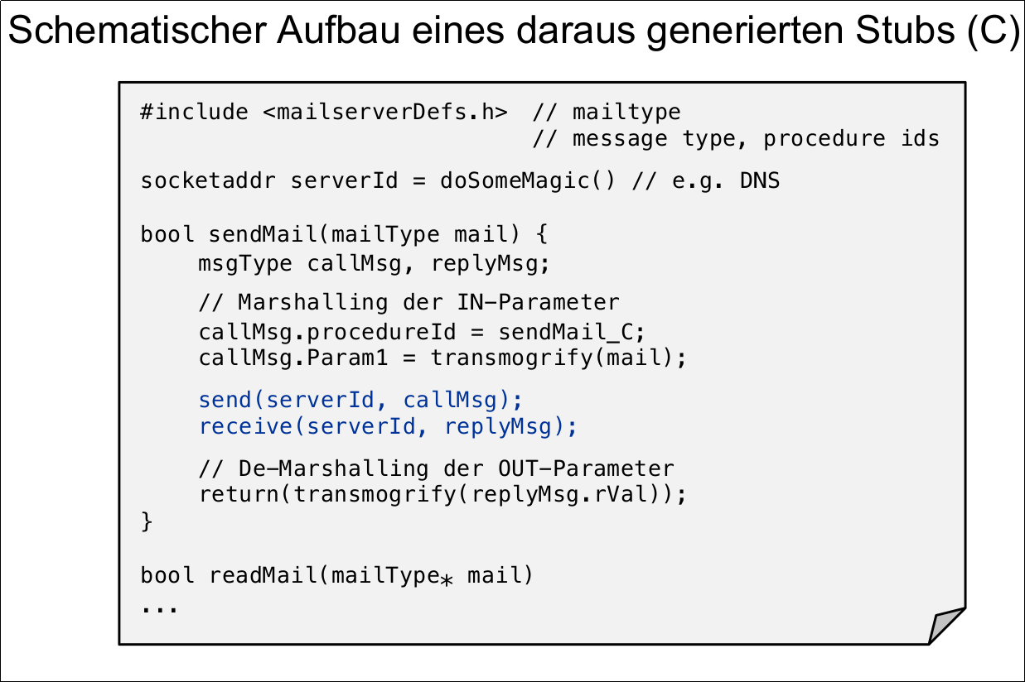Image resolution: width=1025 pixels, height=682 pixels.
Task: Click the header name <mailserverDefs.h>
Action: click(x=385, y=112)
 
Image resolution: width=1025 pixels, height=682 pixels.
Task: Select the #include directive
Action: click(x=194, y=112)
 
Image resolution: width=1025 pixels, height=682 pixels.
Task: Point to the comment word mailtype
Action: click(x=626, y=112)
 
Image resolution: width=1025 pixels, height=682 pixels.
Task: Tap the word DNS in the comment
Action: click(x=760, y=180)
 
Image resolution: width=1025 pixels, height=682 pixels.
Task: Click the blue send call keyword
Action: click(x=225, y=400)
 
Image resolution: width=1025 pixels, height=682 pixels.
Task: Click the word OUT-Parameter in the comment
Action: click(x=586, y=468)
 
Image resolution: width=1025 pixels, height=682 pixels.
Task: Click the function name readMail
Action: click(x=263, y=574)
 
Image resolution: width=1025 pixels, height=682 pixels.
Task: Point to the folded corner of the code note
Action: click(x=946, y=626)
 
